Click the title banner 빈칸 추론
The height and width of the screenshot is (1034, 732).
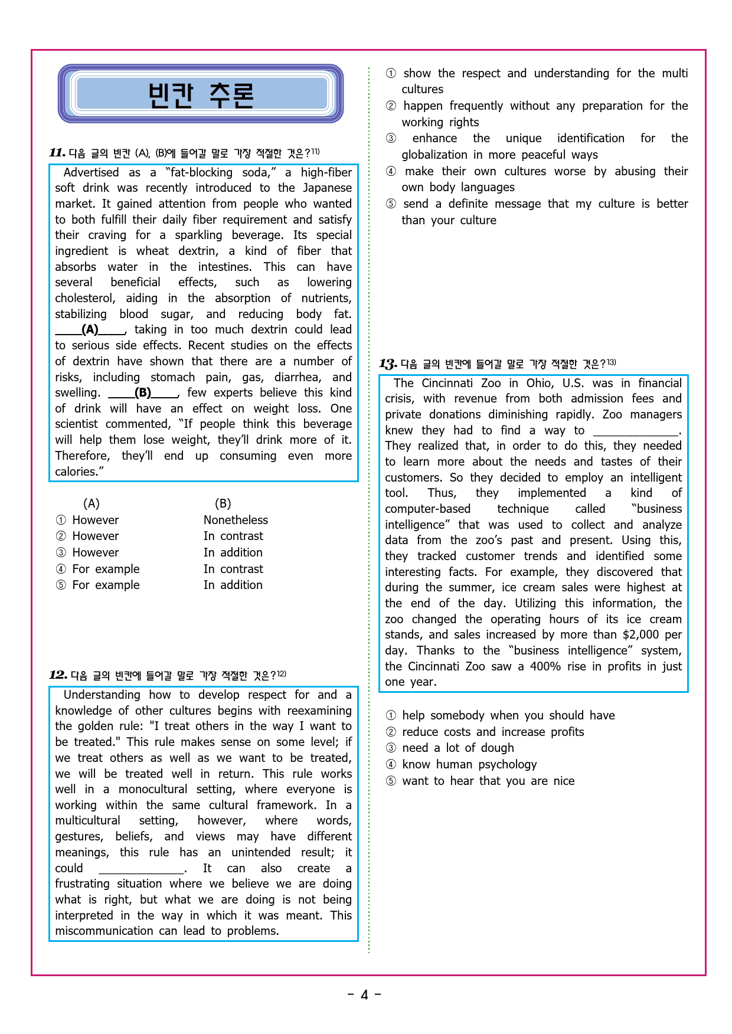coord(201,94)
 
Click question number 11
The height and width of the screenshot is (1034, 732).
coord(57,153)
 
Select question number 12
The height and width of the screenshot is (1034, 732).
coord(58,675)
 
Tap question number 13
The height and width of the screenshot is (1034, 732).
coord(388,364)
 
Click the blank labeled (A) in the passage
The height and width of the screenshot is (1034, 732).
coord(90,330)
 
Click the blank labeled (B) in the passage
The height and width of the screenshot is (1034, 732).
coord(143,393)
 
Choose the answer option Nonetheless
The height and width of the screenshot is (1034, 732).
coord(236,520)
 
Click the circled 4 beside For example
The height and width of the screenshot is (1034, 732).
coord(61,570)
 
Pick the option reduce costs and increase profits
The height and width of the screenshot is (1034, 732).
coord(493,732)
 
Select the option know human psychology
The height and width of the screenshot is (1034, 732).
coord(469,764)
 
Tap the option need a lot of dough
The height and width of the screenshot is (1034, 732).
coord(458,748)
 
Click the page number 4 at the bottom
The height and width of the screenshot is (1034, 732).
coord(364,995)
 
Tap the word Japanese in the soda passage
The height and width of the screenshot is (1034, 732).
coord(327,188)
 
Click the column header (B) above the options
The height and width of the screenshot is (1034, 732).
coord(223,503)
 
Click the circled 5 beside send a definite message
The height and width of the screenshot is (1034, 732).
coord(391,204)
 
